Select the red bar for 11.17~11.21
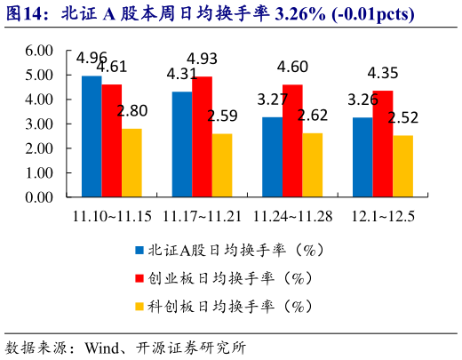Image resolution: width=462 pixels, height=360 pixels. pyautogui.click(x=202, y=137)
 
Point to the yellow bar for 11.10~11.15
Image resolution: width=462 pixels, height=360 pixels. pyautogui.click(x=131, y=163)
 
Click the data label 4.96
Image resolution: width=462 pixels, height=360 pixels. pyautogui.click(x=92, y=59)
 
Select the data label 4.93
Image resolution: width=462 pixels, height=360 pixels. pyautogui.click(x=203, y=59)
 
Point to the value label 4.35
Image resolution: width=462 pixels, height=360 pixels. pyautogui.click(x=383, y=73)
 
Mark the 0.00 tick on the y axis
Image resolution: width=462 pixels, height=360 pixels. pyautogui.click(x=40, y=197)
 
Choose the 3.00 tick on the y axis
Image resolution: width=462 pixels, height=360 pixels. pyautogui.click(x=40, y=124)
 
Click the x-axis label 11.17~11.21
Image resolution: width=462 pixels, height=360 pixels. pyautogui.click(x=202, y=216)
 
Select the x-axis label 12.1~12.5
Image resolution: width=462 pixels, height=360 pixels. pyautogui.click(x=382, y=216)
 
